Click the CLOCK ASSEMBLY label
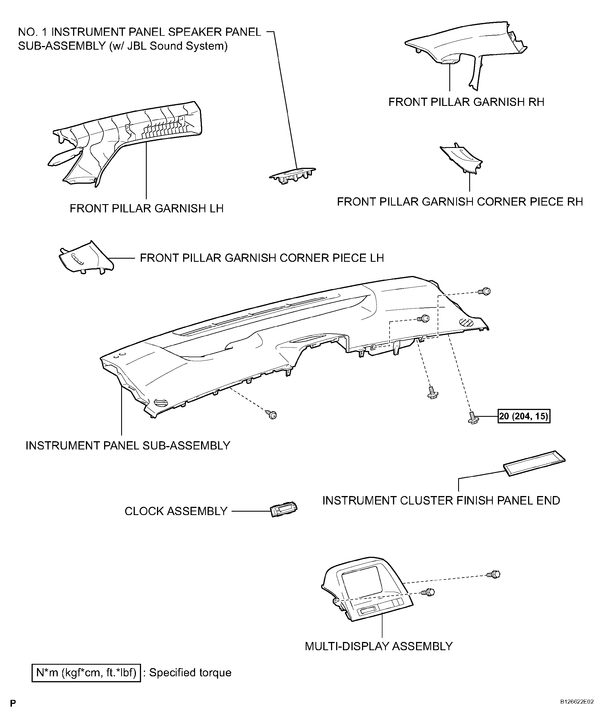176,511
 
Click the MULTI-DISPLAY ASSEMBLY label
378,646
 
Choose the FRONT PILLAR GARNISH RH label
466,102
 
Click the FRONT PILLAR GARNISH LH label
146,208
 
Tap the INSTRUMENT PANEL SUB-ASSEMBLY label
128,445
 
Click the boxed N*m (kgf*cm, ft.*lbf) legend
86,673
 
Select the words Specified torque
190,673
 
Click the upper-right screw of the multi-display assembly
494,574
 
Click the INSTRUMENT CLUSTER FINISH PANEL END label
441,500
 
